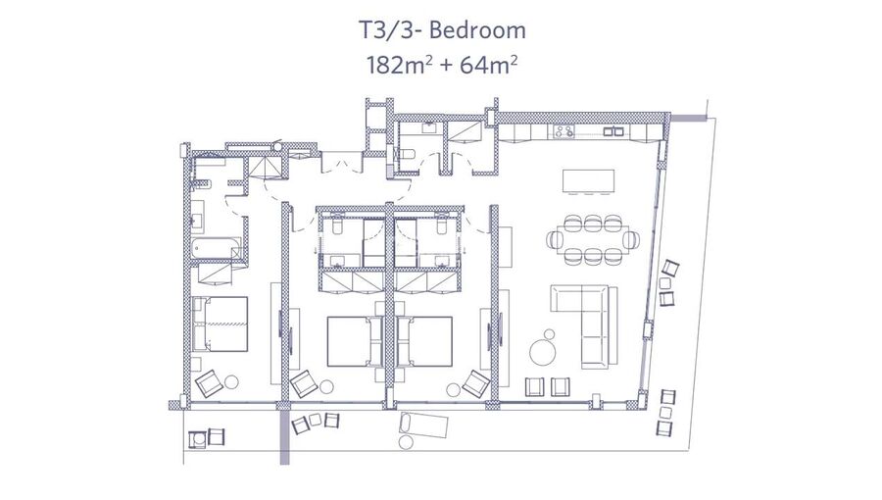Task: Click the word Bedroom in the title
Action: click(x=477, y=29)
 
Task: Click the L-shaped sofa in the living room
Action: click(x=584, y=326)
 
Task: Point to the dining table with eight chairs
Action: click(x=594, y=239)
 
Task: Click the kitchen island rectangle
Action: click(x=588, y=181)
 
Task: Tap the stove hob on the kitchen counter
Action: click(x=564, y=131)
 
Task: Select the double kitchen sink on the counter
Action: click(x=613, y=131)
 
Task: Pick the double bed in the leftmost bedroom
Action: click(x=220, y=324)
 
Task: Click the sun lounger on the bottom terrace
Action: click(x=423, y=425)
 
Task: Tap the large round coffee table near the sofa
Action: click(x=542, y=352)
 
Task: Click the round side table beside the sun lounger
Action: click(x=406, y=442)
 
